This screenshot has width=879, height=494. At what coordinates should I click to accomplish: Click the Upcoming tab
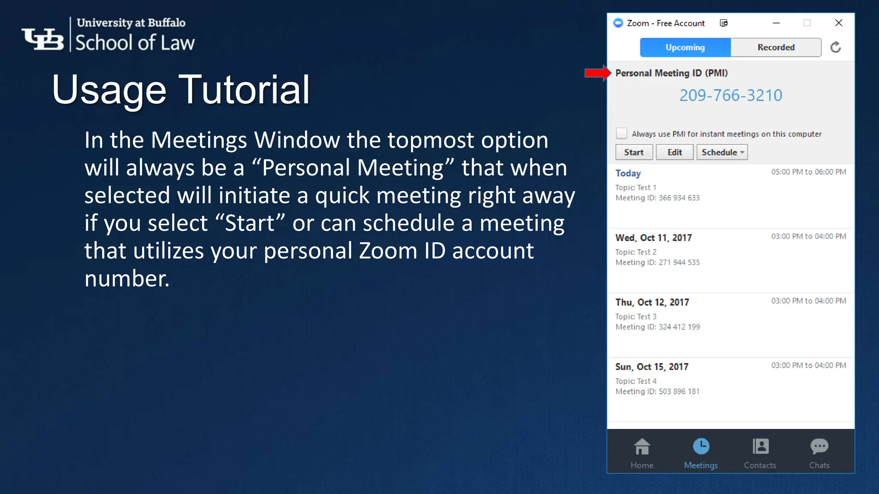pos(685,47)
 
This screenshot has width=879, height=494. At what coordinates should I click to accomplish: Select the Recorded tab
pos(776,47)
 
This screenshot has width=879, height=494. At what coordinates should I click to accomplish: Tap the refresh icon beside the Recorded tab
pos(835,47)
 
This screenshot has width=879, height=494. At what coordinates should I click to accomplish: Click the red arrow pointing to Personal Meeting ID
pos(597,73)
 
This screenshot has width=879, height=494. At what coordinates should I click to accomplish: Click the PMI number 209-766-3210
pos(730,95)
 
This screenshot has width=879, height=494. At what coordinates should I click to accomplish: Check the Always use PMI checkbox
pos(621,134)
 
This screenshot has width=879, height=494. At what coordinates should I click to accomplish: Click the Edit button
pos(674,152)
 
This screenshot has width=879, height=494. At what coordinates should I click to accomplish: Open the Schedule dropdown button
pos(722,152)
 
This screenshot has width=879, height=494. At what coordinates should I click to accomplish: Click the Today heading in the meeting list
pos(628,173)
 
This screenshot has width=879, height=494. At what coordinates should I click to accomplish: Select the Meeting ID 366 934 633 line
pos(657,198)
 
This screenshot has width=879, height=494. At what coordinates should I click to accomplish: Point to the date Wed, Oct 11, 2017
pos(653,238)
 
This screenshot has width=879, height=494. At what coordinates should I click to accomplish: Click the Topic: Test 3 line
pos(636,316)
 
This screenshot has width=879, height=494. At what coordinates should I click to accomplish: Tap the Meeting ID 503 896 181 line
pos(657,392)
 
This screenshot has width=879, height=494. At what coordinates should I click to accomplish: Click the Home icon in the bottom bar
pos(642,447)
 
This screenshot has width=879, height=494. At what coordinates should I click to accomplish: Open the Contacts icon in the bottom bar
pos(760,447)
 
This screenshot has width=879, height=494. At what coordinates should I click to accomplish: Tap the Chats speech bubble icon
pos(819,447)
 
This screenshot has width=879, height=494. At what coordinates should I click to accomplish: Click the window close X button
pos(838,23)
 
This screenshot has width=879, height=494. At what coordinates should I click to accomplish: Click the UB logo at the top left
pos(42,39)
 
